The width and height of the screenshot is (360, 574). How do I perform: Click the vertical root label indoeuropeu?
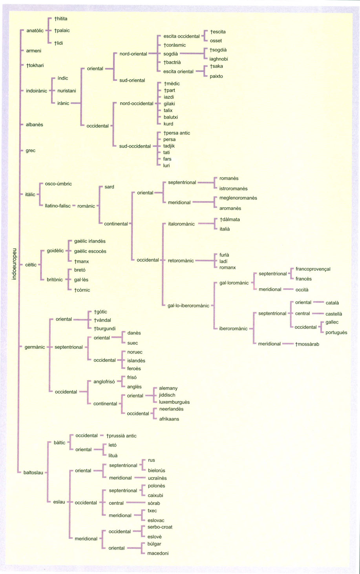(15, 264)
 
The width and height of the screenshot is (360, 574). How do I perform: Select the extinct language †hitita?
(61, 19)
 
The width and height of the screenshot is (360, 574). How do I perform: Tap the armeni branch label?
(34, 51)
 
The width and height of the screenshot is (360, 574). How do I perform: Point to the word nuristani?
(67, 91)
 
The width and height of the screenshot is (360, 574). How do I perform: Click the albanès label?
(35, 125)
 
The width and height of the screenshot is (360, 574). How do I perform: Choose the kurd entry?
(168, 124)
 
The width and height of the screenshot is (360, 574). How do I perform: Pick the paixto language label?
(216, 77)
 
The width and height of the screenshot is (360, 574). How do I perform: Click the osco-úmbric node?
(58, 184)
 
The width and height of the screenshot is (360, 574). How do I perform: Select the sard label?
(109, 187)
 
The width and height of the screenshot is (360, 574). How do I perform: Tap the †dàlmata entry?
(230, 220)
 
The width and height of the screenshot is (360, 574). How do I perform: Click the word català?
(332, 303)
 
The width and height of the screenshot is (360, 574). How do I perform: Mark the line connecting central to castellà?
(318, 313)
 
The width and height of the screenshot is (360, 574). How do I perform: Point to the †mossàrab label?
(307, 344)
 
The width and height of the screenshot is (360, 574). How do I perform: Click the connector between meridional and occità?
(289, 289)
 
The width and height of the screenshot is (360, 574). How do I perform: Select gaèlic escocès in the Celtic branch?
(90, 251)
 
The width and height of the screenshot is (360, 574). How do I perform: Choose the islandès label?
(136, 361)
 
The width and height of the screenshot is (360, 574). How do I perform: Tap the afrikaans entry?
(169, 419)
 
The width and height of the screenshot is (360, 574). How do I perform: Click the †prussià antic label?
(121, 436)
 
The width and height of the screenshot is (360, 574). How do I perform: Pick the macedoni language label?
(158, 553)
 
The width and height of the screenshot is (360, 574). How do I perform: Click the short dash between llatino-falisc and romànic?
(74, 206)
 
